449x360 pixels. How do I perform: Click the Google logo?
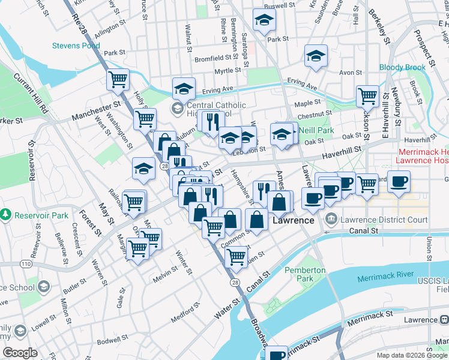20,353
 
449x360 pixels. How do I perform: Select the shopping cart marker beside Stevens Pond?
118,80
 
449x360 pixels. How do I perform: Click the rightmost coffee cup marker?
399,181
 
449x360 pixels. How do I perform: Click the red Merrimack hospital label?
423,157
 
